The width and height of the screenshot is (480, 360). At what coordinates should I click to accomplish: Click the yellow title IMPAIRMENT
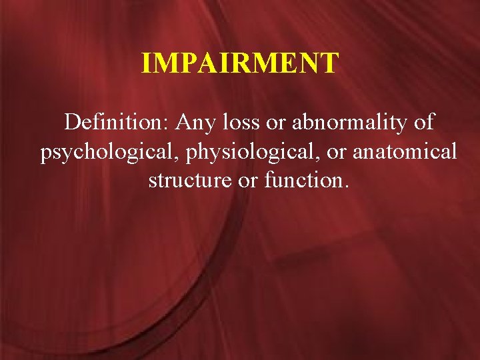240,63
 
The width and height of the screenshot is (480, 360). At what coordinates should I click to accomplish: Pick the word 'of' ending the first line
423,123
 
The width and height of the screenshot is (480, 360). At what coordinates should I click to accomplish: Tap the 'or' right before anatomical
336,153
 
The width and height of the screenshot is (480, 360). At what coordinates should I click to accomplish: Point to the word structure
187,181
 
